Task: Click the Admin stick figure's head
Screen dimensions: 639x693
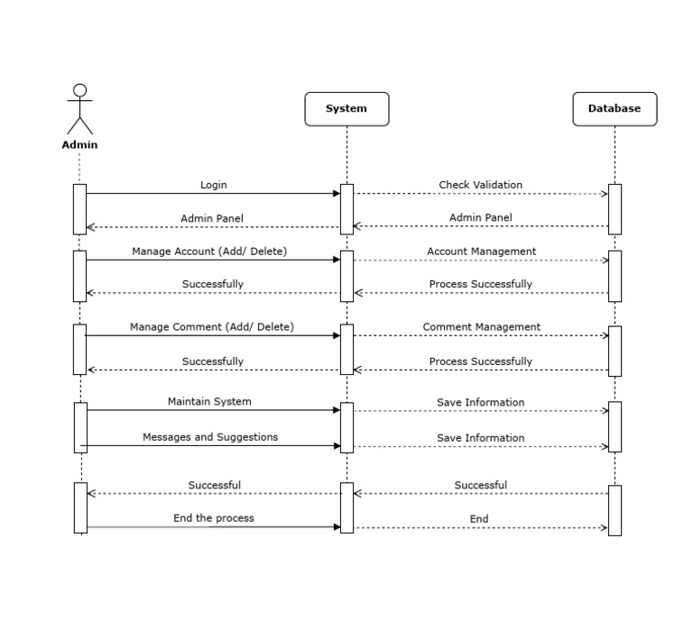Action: coord(79,90)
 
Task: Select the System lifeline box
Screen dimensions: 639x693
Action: coord(346,108)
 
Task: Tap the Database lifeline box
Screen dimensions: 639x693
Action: coord(614,108)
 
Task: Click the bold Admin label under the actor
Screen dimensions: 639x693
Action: coord(79,144)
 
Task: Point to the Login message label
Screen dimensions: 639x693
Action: coord(214,185)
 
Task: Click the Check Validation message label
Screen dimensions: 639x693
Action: coord(480,185)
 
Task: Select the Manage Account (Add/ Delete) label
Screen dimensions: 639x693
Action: coord(209,251)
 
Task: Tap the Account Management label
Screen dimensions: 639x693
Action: coord(481,251)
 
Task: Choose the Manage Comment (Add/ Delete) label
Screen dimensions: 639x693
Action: coord(211,327)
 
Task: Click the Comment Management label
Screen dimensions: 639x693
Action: coord(481,327)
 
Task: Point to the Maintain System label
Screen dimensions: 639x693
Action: coord(209,401)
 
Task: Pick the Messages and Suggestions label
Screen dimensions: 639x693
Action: coord(210,437)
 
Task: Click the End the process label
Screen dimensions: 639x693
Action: coord(214,518)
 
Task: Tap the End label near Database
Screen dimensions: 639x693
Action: coord(479,519)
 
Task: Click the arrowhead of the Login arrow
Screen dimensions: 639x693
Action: coord(337,193)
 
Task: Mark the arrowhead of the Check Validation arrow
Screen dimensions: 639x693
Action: coord(605,194)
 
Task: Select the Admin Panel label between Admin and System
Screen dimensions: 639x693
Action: coord(212,218)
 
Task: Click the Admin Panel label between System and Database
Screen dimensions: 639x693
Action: coord(480,217)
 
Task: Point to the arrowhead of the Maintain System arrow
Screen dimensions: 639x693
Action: coord(337,410)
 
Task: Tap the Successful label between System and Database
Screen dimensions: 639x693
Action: coord(480,485)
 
